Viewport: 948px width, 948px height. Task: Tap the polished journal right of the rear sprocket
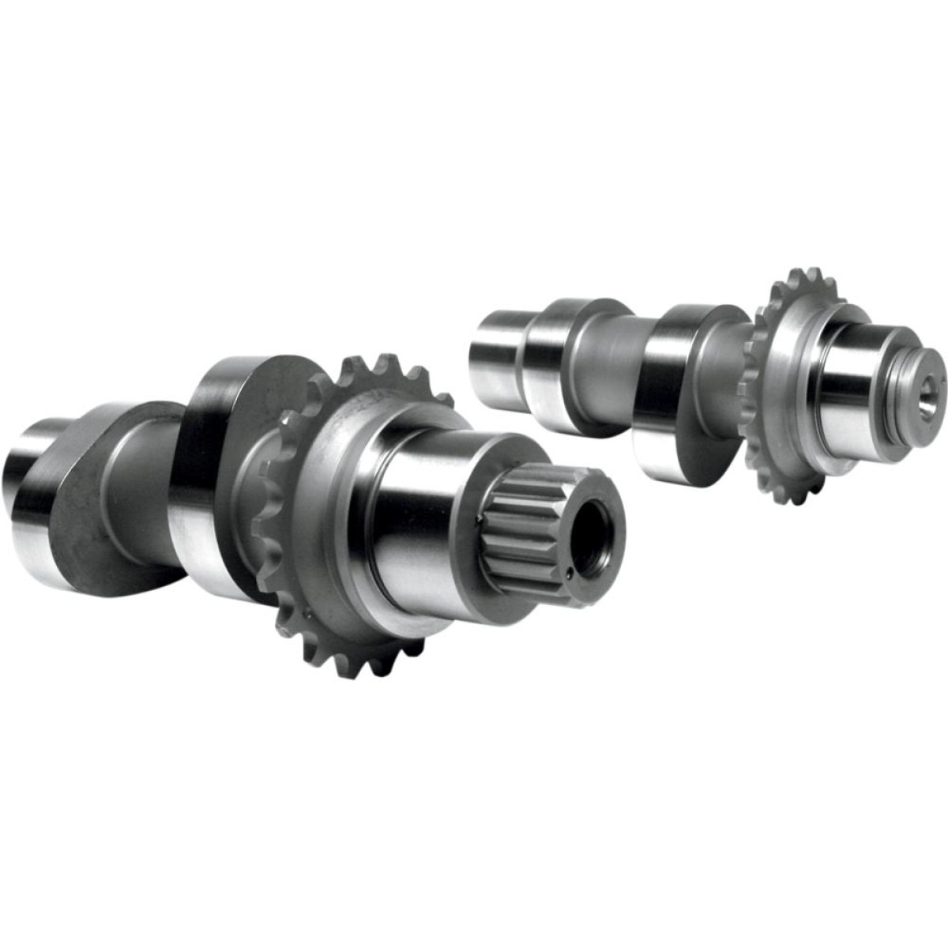845,387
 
